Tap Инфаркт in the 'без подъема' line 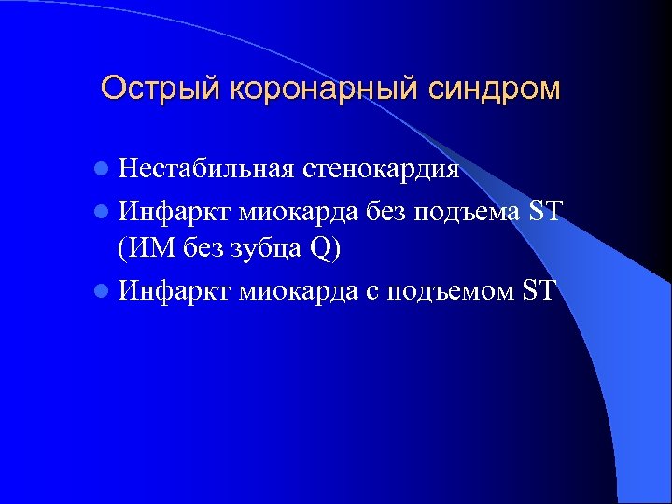click(x=175, y=210)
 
